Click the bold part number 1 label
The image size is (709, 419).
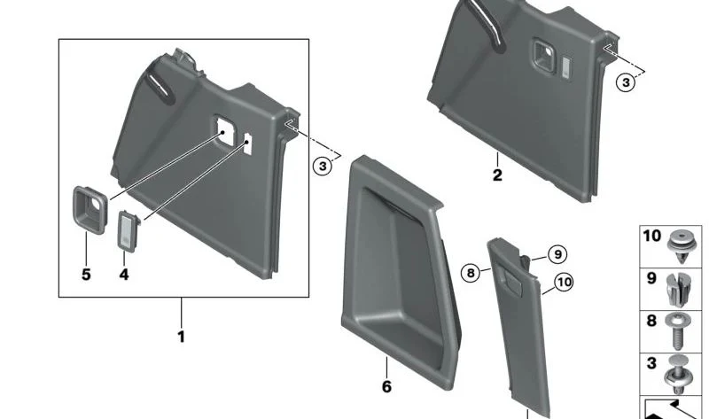point(181,337)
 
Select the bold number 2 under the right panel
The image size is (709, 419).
point(497,175)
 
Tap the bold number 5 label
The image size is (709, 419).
point(86,275)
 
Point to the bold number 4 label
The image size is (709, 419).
point(124,275)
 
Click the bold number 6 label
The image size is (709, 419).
point(386,387)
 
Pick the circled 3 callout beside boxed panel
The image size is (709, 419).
point(323,166)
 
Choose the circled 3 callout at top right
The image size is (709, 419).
point(626,82)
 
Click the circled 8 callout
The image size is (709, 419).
point(471,273)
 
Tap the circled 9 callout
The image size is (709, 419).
point(557,254)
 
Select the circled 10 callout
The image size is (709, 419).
point(564,283)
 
